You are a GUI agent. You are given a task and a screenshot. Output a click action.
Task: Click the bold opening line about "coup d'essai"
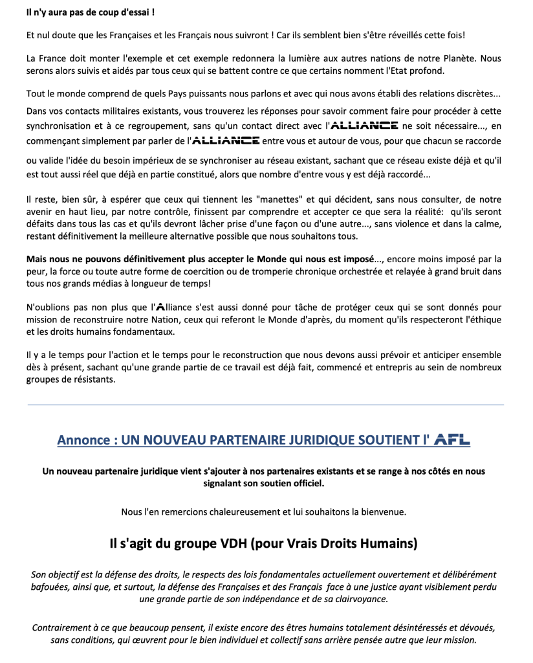pyautogui.click(x=91, y=12)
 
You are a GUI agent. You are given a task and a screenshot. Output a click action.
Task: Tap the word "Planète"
pyautogui.click(x=457, y=58)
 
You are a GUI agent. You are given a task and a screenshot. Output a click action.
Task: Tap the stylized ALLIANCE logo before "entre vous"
pyautogui.click(x=226, y=139)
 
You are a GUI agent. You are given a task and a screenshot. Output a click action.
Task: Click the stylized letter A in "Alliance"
pyautogui.click(x=160, y=307)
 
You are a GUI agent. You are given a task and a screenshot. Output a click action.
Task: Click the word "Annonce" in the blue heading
pyautogui.click(x=82, y=440)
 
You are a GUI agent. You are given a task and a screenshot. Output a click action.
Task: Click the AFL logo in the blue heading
pyautogui.click(x=452, y=440)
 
